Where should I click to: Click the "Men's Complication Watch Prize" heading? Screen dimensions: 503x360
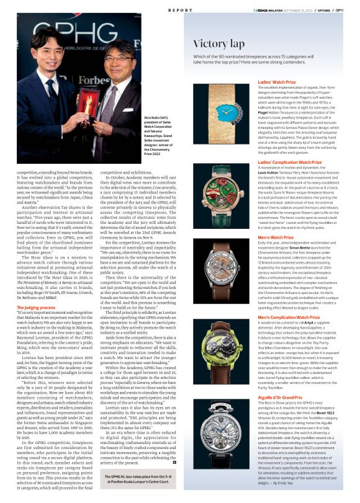pyautogui.click(x=289, y=317)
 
